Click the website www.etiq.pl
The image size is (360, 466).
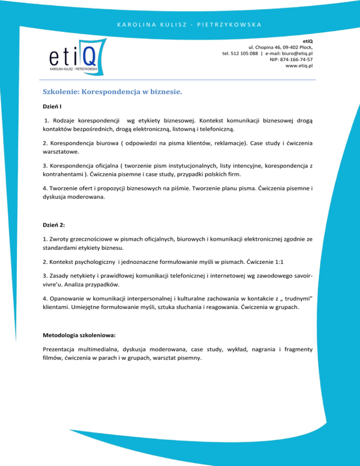tap(299, 66)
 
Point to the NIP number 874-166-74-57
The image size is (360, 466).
tap(292, 60)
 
